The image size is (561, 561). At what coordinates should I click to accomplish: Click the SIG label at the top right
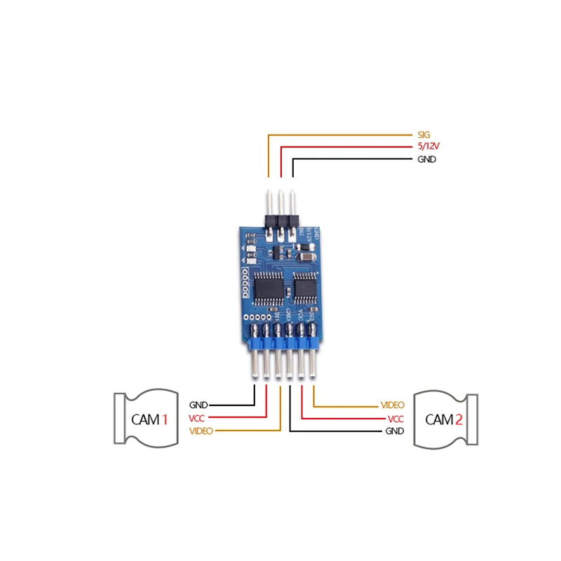[423, 134]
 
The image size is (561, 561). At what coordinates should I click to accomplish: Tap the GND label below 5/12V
[426, 160]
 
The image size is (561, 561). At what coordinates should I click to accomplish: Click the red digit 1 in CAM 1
[165, 419]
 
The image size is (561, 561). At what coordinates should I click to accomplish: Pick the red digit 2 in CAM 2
[459, 419]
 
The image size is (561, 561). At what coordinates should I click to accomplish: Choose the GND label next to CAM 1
[198, 405]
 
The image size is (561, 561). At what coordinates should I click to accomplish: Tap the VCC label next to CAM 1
[197, 418]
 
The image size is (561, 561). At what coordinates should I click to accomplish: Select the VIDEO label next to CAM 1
[201, 431]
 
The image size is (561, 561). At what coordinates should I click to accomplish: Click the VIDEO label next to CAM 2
[393, 405]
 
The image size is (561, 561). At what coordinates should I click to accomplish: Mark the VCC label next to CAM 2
[396, 418]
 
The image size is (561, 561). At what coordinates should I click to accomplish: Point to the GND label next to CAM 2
[395, 431]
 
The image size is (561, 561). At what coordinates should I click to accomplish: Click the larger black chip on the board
[269, 288]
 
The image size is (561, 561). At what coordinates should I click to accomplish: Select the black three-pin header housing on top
[280, 222]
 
